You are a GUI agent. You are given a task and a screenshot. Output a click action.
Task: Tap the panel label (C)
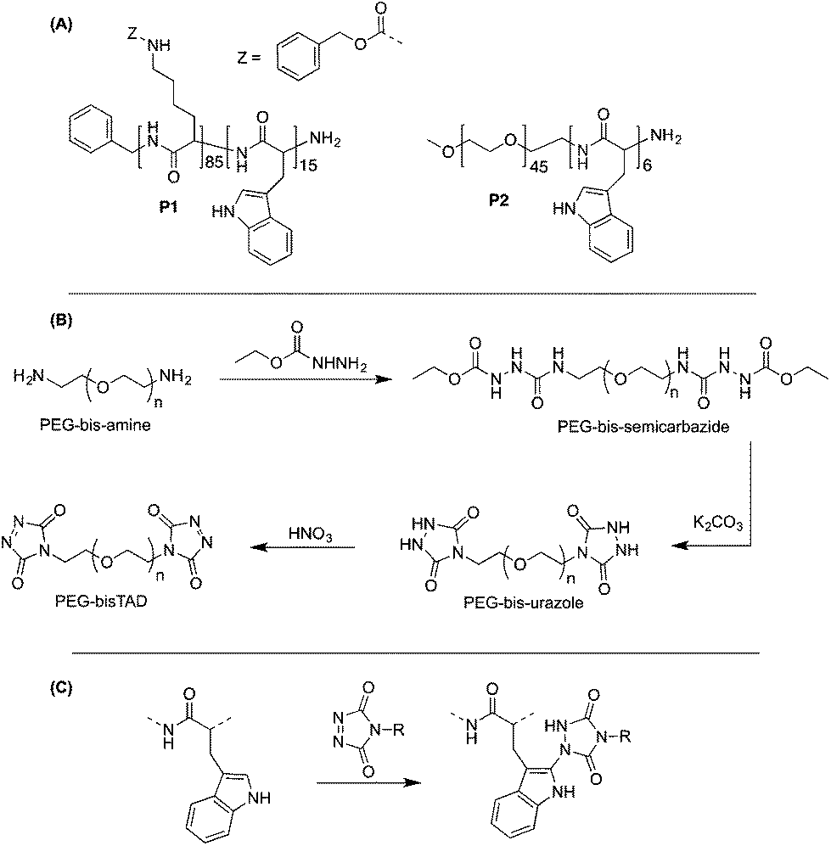click(60, 688)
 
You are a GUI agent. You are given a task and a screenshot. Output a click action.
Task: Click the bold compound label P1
click(168, 207)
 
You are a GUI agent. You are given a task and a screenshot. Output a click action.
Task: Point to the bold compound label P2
click(498, 201)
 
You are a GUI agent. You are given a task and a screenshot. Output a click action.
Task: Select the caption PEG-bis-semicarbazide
click(643, 427)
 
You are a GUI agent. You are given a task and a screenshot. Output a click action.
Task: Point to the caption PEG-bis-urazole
click(524, 602)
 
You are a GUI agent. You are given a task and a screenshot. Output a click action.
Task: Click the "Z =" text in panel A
click(249, 58)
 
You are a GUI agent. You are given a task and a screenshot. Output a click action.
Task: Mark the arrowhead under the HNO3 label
click(258, 548)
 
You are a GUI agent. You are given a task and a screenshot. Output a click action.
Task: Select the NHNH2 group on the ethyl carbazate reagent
click(340, 365)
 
